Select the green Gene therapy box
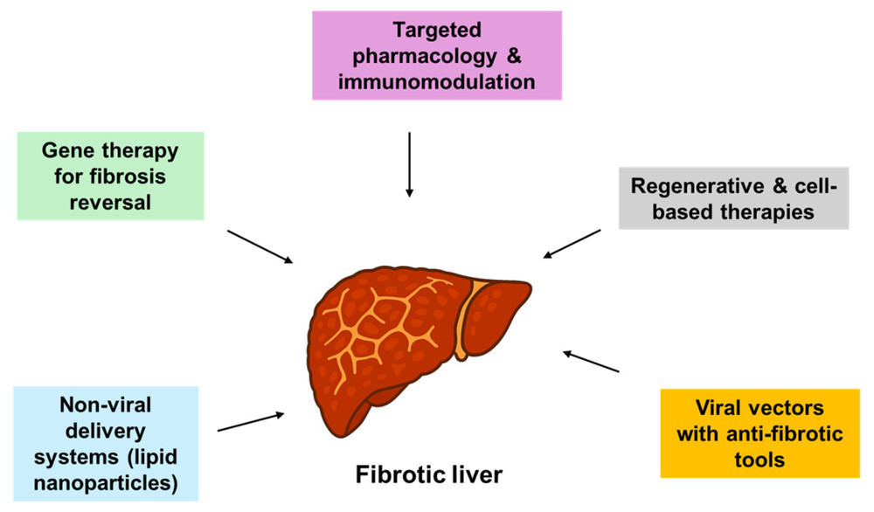(110, 176)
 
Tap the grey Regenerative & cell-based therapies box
(733, 198)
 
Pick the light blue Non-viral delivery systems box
(108, 444)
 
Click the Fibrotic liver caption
(429, 475)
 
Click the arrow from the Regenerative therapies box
(572, 244)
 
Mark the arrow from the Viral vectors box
(591, 362)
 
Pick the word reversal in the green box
(110, 202)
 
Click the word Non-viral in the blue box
(108, 405)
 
